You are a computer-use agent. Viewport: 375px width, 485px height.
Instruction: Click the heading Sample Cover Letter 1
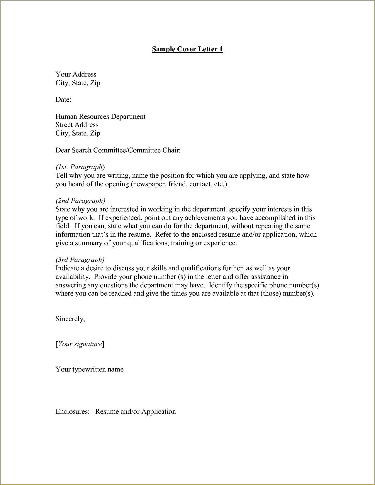187,49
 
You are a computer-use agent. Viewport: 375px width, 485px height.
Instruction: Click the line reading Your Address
76,74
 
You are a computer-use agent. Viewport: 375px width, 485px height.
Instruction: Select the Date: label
63,100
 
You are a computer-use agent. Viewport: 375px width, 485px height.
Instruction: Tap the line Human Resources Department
101,117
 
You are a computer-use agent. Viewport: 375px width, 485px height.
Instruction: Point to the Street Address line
77,125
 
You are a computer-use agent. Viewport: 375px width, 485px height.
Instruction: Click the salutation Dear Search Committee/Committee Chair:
118,150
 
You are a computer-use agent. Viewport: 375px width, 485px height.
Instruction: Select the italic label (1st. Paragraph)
80,167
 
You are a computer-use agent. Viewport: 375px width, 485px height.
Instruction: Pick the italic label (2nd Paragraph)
80,201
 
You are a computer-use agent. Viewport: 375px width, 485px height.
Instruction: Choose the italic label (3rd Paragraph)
80,260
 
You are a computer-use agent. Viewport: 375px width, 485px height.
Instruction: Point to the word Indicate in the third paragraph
67,268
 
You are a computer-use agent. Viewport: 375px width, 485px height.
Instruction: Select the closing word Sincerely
70,319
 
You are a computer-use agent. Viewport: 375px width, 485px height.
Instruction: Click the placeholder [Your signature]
80,344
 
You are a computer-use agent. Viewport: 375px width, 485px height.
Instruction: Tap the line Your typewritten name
89,369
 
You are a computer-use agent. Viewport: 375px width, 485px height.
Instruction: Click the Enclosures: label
72,412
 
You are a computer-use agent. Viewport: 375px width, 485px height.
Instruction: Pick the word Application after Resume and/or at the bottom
159,412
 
